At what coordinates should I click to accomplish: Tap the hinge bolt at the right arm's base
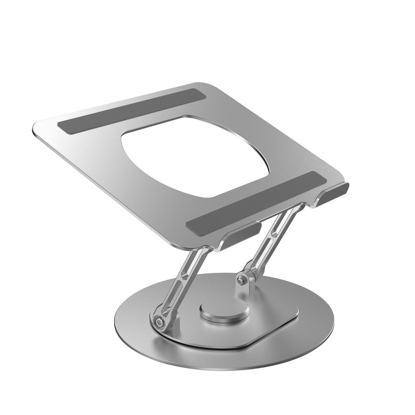coord(241,281)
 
